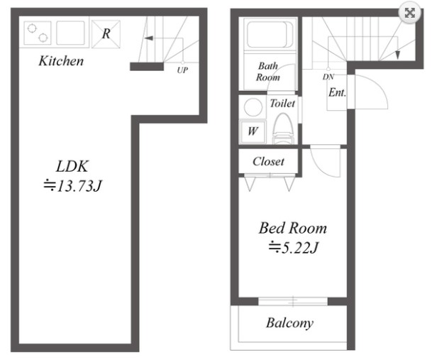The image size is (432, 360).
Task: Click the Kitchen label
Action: [x=61, y=60]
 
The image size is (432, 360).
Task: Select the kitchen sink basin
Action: [x=70, y=33]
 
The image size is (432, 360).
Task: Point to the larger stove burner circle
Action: [x=32, y=28]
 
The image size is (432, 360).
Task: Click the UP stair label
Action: [x=182, y=70]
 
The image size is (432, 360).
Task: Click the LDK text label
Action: [x=72, y=166]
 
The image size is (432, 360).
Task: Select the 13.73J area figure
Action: [x=73, y=186]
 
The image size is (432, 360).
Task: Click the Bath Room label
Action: [x=268, y=72]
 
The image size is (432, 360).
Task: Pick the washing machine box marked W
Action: [x=253, y=131]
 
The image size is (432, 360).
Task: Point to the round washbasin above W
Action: [x=253, y=107]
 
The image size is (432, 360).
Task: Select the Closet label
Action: [x=268, y=162]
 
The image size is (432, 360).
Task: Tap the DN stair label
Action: [x=328, y=77]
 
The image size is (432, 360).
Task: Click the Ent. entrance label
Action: [x=337, y=92]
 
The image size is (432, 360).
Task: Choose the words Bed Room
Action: [x=292, y=228]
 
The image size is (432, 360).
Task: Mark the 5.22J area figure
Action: [x=294, y=247]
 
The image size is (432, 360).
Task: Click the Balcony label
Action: [x=289, y=323]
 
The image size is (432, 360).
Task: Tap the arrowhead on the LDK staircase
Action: [x=149, y=38]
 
